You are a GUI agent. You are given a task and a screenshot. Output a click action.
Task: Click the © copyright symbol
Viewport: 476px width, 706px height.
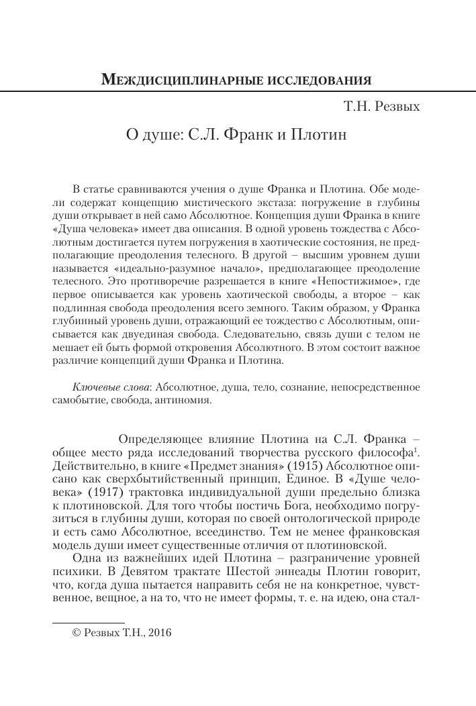77,632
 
